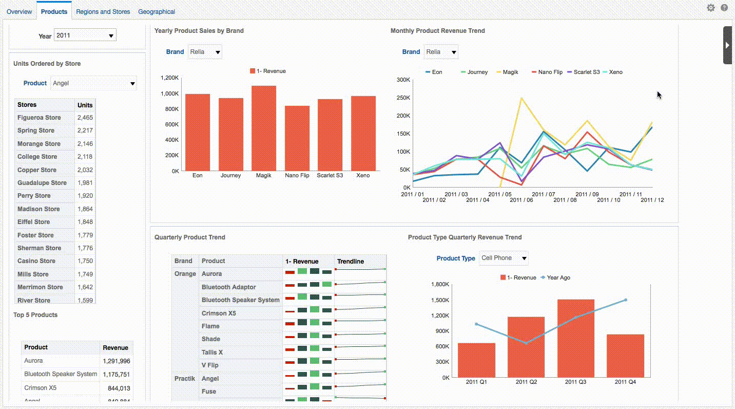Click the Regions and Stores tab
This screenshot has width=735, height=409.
coord(103,11)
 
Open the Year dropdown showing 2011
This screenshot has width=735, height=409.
coord(85,35)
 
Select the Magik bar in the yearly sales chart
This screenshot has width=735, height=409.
coord(264,128)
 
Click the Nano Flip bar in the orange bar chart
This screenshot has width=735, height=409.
coord(297,138)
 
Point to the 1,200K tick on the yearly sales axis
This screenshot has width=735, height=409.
coord(169,78)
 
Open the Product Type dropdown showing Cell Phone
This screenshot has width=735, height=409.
coord(504,258)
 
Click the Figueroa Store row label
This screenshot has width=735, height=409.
coord(39,118)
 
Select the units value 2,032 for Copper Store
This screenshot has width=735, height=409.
coord(85,170)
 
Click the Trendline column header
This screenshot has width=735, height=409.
coord(351,262)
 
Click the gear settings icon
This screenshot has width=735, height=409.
coord(711,8)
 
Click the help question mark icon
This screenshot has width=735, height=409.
coord(724,8)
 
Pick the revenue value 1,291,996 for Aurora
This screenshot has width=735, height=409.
coord(116,361)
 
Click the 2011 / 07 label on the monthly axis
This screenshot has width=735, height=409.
coord(544,194)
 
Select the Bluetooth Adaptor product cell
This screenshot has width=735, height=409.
coord(228,287)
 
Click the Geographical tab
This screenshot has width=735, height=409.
coord(157,11)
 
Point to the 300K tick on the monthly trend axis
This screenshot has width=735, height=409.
coord(403,80)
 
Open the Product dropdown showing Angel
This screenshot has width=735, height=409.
coord(93,83)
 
